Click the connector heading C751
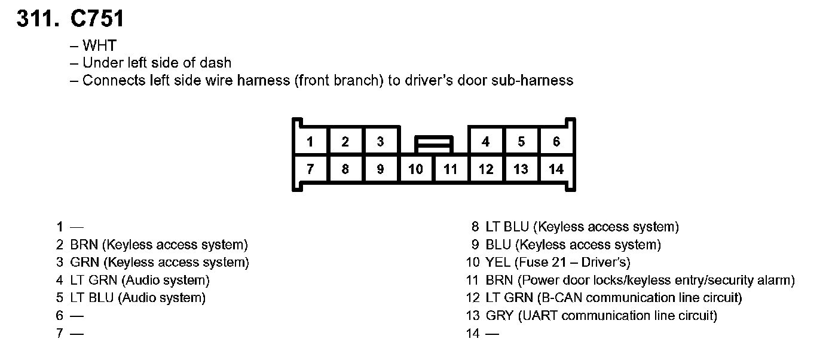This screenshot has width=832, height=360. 97,19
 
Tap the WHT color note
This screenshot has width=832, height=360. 100,45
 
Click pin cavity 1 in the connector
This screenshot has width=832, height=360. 310,142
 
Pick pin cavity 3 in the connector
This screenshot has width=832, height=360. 380,142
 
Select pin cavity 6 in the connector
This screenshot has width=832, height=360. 556,142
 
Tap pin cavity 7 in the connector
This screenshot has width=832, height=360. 310,169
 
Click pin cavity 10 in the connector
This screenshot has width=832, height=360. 415,169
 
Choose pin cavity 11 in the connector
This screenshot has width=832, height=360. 451,169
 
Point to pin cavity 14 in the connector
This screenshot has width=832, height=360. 556,169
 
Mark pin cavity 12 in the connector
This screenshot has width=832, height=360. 486,169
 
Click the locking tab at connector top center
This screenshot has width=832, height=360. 433,144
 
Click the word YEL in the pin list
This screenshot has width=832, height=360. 498,263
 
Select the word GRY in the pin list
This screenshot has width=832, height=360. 498,316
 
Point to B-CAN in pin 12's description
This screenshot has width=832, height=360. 559,298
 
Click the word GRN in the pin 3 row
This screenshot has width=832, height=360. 82,263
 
